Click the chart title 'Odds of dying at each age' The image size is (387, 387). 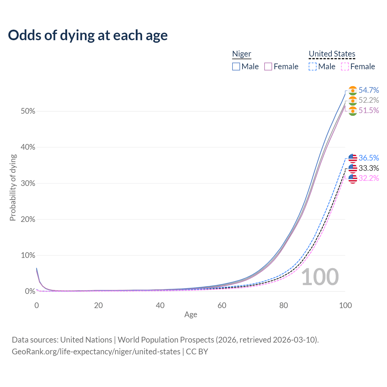click(88, 35)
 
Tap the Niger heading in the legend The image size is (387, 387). click(242, 54)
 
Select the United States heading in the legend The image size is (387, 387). click(332, 54)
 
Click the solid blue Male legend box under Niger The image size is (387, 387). click(236, 67)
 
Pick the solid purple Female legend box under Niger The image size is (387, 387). click(268, 67)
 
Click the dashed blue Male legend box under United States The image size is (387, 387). click(313, 67)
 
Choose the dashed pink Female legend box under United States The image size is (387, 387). click(345, 67)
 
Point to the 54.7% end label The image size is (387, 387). click(369, 90)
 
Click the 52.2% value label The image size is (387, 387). click(369, 100)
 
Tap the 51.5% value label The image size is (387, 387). click(369, 110)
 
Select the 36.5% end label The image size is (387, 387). click(369, 158)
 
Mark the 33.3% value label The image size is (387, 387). click(369, 168)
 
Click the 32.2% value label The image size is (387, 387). click(369, 178)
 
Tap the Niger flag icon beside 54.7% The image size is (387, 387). click(353, 90)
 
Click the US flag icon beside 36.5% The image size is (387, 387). click(353, 158)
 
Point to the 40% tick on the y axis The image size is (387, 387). click(28, 147)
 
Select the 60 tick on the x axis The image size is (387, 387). click(222, 305)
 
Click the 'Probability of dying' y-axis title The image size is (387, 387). click(13, 187)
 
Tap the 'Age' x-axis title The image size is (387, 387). click(191, 315)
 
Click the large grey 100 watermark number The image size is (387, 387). click(320, 277)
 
